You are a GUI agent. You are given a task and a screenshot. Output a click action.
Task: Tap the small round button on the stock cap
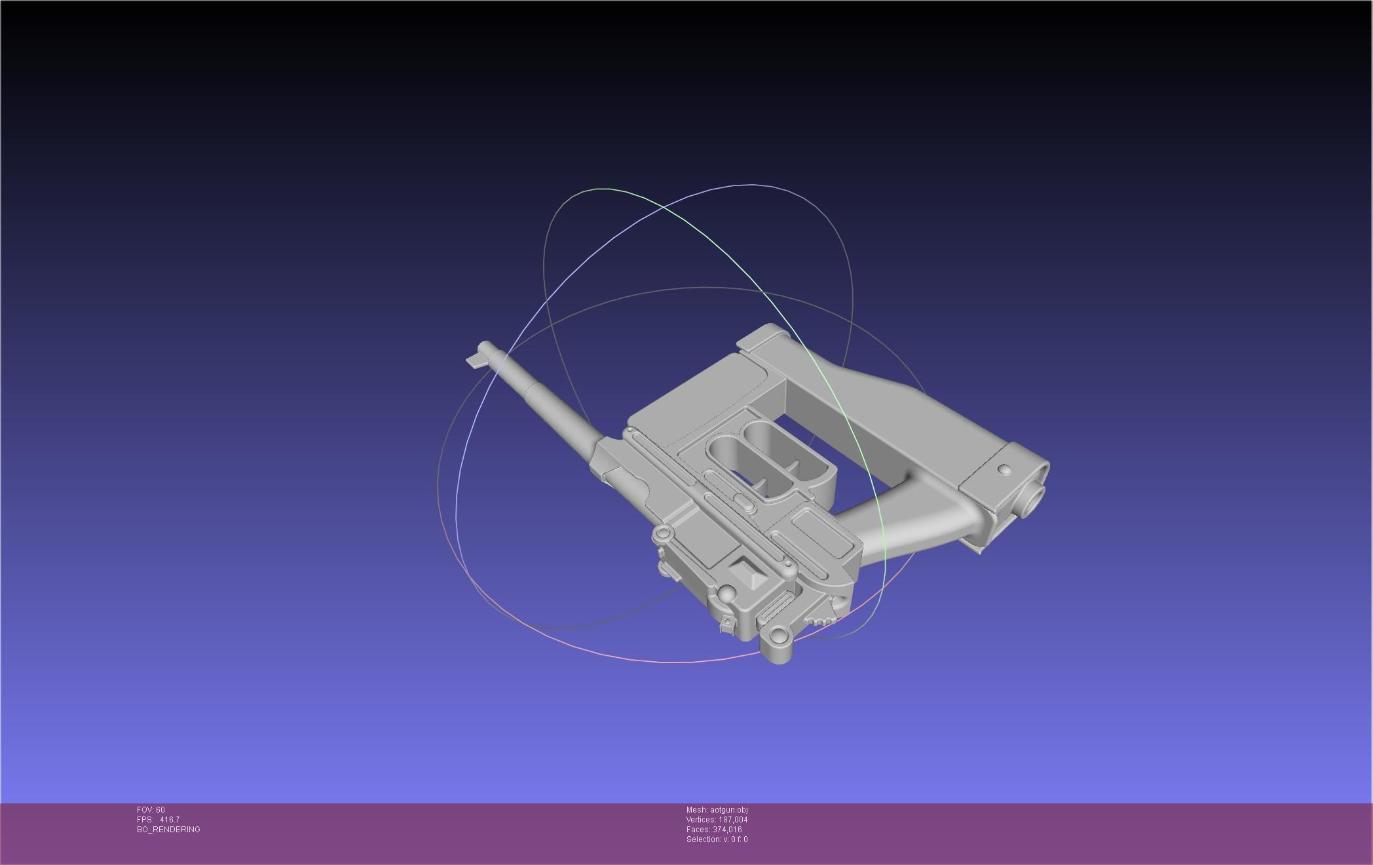tap(1004, 470)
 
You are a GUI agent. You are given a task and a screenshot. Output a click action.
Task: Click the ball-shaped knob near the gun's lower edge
tap(726, 594)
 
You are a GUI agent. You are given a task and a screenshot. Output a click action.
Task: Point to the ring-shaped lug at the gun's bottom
tap(778, 635)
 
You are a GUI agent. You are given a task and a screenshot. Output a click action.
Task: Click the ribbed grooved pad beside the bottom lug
tap(774, 609)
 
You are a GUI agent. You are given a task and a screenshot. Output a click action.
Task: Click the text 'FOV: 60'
tap(151, 810)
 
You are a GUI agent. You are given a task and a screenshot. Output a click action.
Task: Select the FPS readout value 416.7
tap(169, 820)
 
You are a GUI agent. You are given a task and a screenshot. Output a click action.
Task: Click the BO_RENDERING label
tap(168, 830)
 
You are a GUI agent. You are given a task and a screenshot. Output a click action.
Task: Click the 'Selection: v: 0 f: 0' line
tap(717, 839)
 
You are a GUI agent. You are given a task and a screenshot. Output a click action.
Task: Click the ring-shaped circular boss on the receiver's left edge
tap(663, 534)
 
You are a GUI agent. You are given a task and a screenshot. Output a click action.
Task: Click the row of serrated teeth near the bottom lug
tap(821, 620)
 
